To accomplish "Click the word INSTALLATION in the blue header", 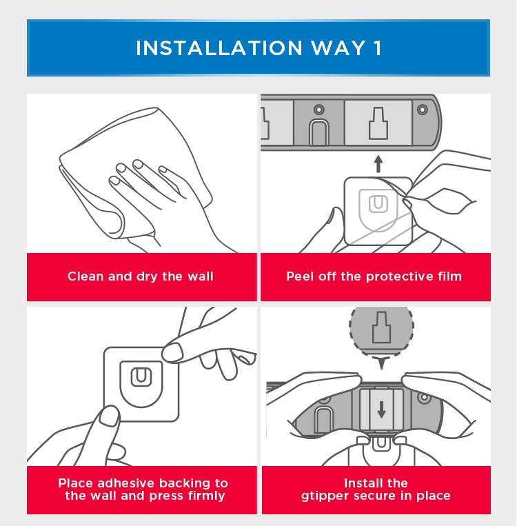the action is point(219,48).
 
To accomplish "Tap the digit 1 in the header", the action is point(378,48).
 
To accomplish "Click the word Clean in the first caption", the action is point(85,276).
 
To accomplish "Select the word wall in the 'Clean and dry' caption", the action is point(201,276).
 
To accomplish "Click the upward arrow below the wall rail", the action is point(378,164).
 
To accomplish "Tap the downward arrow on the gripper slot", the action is point(381,409).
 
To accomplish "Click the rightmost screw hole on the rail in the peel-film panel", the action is point(423,110).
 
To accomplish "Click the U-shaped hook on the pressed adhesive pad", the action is point(141,377).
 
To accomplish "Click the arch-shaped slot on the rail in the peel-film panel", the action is point(318,132).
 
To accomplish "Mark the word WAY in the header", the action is point(338,48).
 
